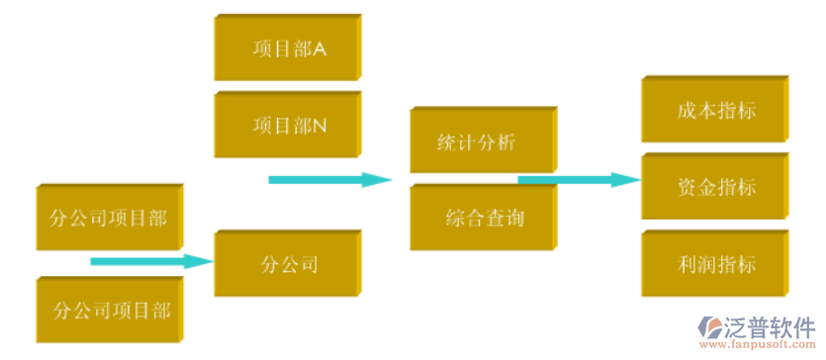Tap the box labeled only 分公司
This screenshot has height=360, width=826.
coord(288,264)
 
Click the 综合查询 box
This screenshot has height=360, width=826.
coord(482,217)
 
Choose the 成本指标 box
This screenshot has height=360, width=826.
coord(714,109)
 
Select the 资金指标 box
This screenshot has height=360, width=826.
coord(714,186)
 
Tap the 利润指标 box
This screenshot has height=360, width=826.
coord(714,264)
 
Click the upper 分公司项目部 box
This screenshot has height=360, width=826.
coord(109,217)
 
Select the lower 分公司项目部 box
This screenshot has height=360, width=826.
coord(111,311)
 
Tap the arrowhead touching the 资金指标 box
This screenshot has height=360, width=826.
coord(627,180)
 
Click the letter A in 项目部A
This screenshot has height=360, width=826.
coord(320,47)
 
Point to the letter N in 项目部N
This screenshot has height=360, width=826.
coord(320,126)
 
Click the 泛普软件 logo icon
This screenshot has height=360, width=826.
coord(711,328)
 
